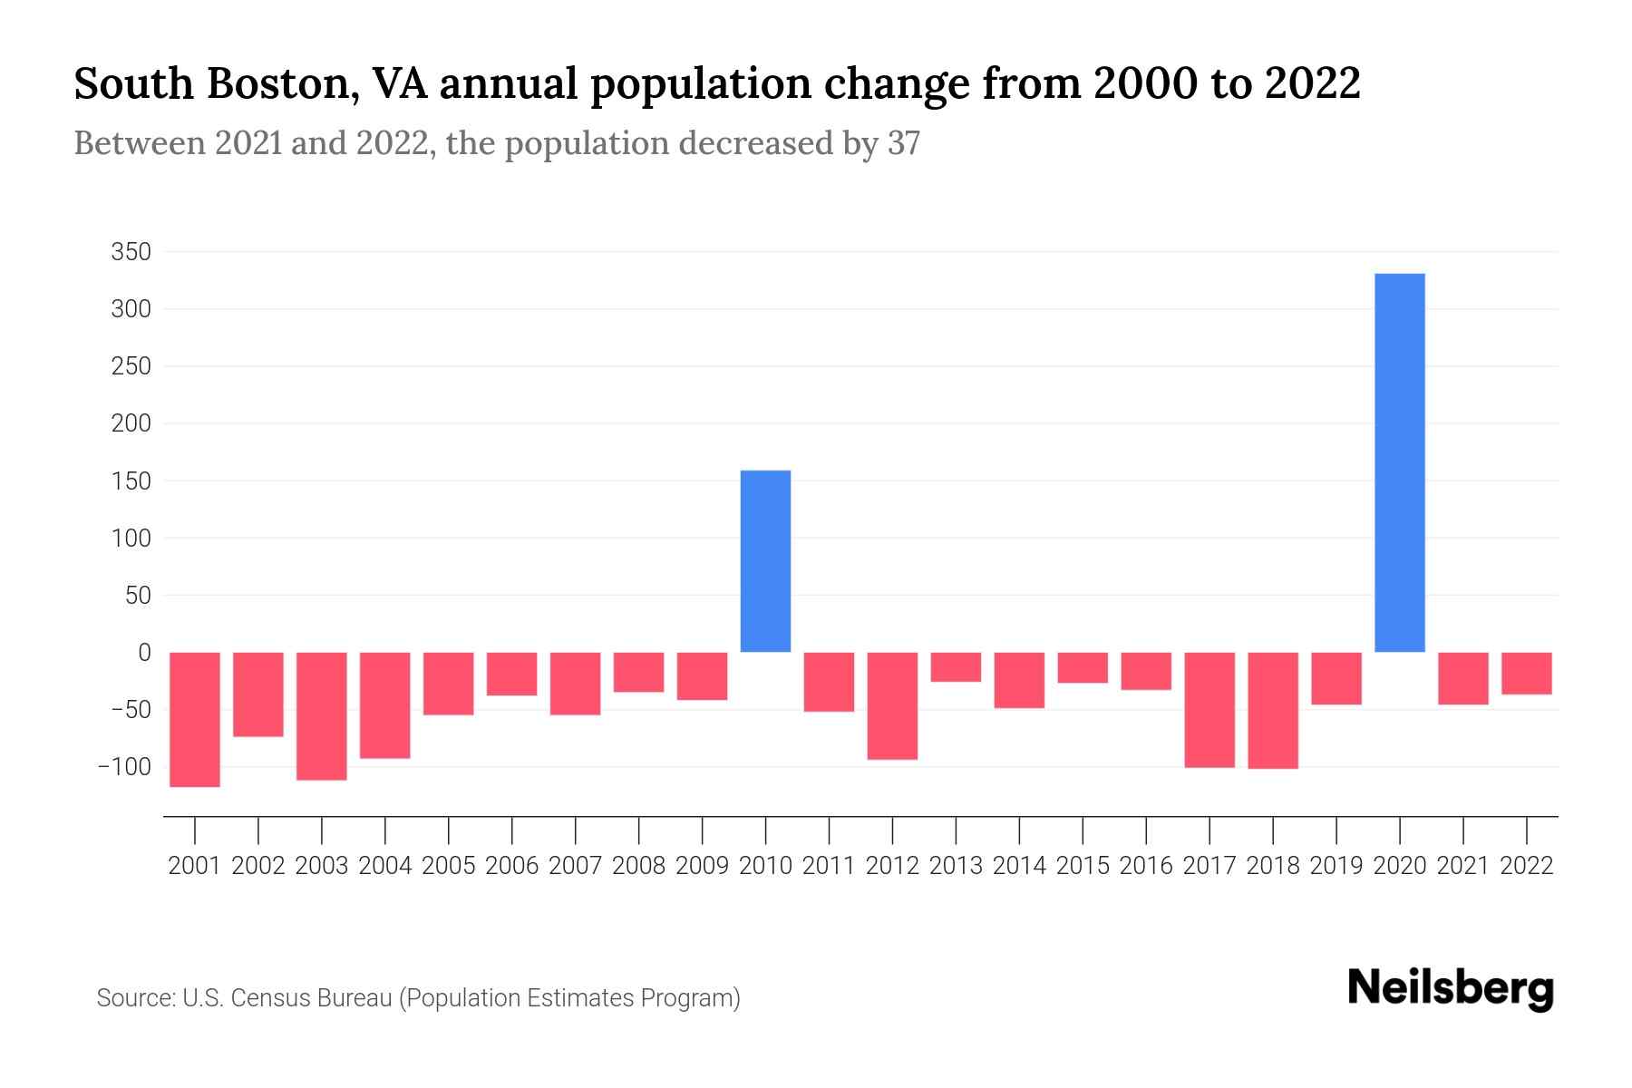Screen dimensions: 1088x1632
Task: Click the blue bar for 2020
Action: tap(1399, 462)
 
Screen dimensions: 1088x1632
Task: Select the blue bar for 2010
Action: tap(765, 561)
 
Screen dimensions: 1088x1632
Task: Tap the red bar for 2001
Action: tap(195, 719)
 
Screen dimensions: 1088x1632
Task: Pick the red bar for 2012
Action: tap(892, 705)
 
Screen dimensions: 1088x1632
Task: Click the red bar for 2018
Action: tap(1272, 710)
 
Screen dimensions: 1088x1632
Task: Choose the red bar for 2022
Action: tap(1526, 673)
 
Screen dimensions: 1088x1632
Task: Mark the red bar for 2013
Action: tap(956, 666)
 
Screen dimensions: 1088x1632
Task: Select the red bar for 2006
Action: tap(512, 674)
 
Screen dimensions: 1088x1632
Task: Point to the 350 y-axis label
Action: tap(131, 252)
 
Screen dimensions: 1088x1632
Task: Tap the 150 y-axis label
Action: tap(131, 481)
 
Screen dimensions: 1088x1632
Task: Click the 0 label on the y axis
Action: tap(144, 653)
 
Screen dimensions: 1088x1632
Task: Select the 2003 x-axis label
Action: tap(322, 866)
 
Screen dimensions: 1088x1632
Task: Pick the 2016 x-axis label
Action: tap(1146, 866)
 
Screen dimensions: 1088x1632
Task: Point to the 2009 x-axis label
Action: tap(702, 866)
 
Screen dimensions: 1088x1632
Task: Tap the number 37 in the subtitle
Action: tap(903, 143)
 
